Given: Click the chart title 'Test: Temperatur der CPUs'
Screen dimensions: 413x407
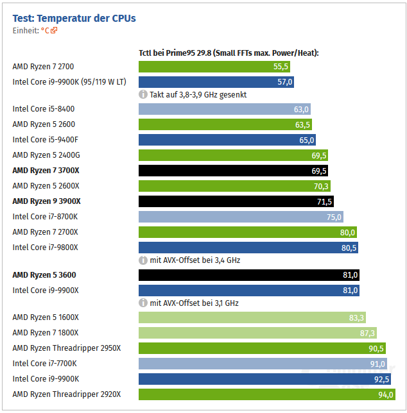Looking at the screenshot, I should (x=74, y=18).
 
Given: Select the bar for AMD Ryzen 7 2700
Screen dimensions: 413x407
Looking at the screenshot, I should (x=215, y=67).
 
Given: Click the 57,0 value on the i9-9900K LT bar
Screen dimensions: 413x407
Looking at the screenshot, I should (x=284, y=82).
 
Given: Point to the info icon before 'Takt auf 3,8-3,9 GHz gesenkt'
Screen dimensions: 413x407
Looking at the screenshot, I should (x=143, y=94).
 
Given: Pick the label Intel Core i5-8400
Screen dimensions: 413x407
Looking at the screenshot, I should (x=43, y=109).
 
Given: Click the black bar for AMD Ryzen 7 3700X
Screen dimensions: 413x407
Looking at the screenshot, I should (x=234, y=171).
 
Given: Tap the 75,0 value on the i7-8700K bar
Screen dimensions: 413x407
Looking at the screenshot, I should (x=334, y=217).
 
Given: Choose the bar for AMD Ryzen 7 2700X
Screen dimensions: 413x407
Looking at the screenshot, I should (x=248, y=232).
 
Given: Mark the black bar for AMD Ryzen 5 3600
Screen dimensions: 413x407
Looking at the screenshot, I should (x=249, y=275).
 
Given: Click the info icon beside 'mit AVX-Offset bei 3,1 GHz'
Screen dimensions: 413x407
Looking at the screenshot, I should (x=143, y=303).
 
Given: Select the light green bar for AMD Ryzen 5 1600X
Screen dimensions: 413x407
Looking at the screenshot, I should (x=252, y=317).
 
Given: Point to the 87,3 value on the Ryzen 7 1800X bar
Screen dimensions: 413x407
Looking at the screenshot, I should (x=367, y=333).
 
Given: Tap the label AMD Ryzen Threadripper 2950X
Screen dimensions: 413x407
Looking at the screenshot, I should (x=66, y=348).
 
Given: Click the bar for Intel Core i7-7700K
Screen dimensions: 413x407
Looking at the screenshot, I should (x=263, y=364).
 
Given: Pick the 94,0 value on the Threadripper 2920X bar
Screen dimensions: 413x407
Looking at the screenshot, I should (x=386, y=394).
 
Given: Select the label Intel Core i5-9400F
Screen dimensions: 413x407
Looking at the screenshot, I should (x=44, y=140).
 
